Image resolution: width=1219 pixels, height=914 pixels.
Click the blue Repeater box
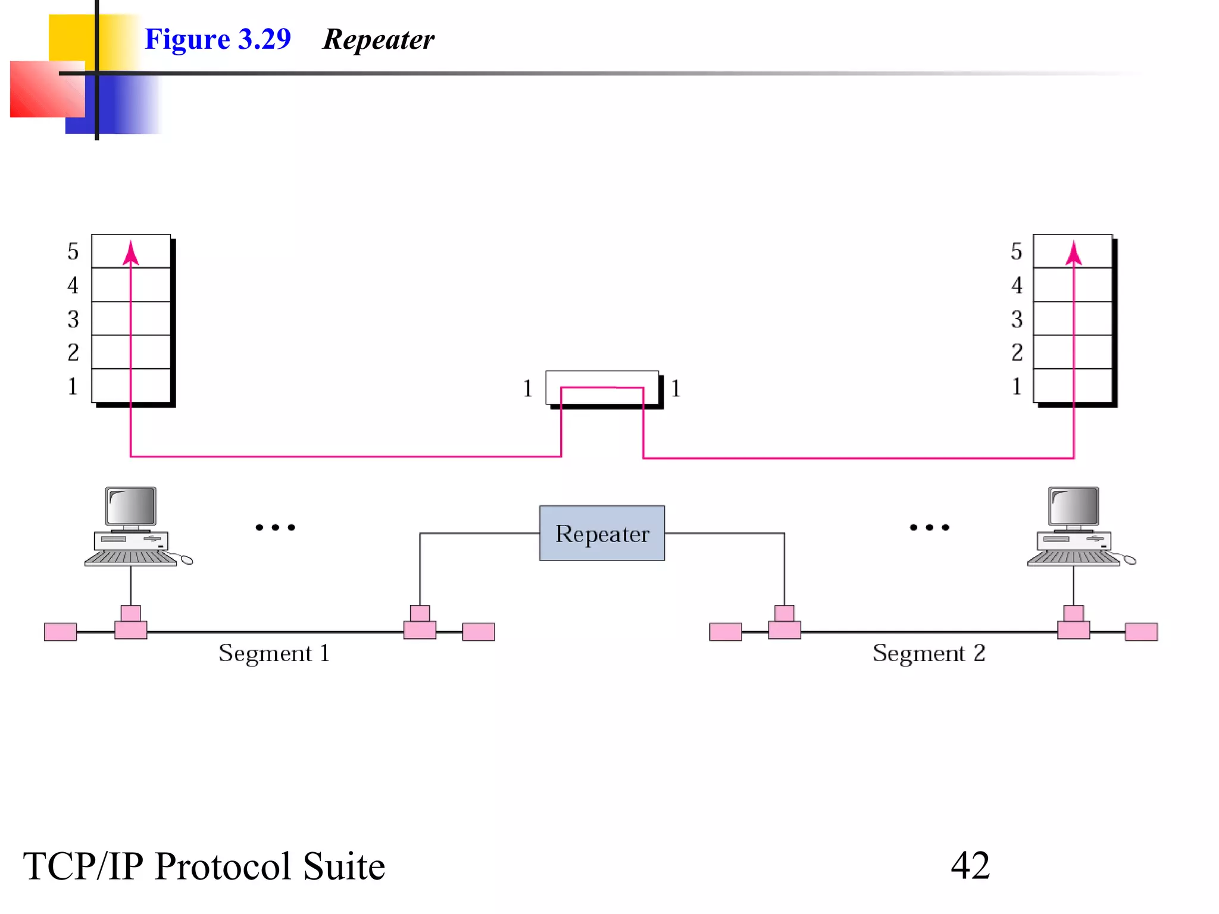(602, 533)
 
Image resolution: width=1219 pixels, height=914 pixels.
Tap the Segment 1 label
(274, 653)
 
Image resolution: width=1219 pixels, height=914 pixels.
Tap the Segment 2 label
(929, 653)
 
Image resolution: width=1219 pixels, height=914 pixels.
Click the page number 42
(970, 865)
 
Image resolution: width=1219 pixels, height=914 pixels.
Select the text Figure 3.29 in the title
(218, 39)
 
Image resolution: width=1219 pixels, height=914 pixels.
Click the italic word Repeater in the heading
(379, 40)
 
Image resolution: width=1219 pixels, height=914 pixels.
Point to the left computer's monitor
(131, 506)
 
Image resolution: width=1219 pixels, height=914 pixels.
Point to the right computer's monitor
(1074, 506)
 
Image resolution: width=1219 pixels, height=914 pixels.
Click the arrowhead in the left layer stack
(131, 252)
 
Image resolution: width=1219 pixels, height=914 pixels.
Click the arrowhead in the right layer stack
(1074, 252)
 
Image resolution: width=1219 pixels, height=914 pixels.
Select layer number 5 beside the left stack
(73, 251)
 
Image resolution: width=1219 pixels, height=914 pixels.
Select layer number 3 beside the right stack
(1017, 320)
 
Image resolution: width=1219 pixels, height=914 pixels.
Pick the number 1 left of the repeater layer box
(527, 389)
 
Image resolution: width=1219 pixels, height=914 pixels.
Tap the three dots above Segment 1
(275, 527)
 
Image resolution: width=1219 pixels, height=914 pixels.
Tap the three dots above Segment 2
(929, 527)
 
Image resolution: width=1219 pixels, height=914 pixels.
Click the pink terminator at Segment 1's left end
(60, 632)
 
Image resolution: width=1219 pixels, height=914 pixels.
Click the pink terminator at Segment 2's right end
(1141, 632)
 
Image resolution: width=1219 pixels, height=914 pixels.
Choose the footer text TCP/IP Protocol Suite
(204, 866)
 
